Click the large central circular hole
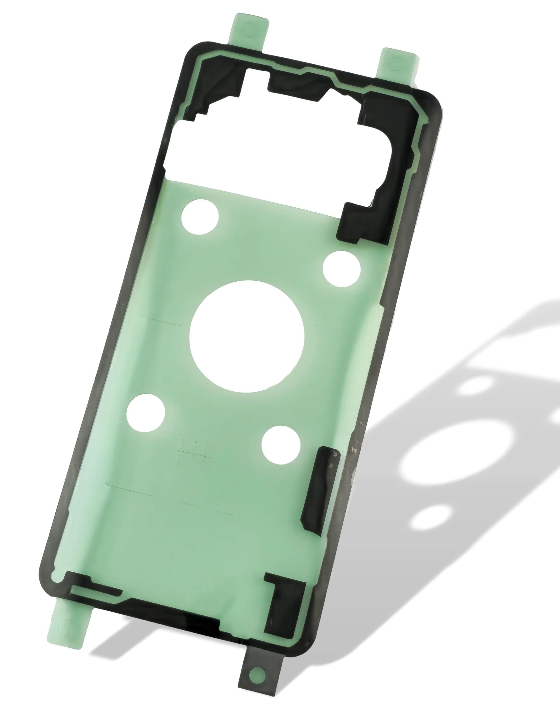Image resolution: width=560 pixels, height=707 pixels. (x=247, y=337)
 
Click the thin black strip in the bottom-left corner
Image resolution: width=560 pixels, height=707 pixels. (x=95, y=590)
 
